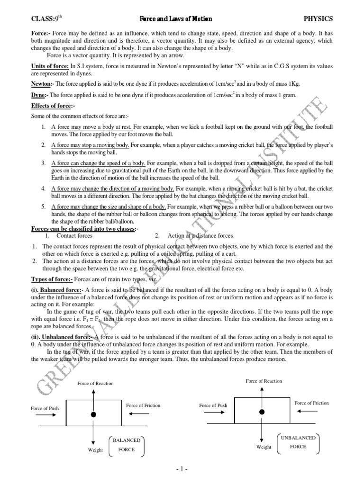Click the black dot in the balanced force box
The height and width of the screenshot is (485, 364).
click(94, 414)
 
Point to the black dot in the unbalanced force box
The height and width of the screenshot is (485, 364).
click(261, 412)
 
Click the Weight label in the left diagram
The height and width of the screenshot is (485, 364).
click(95, 450)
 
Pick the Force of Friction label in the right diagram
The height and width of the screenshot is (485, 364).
click(311, 403)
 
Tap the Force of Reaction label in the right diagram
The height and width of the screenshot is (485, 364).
click(264, 381)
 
